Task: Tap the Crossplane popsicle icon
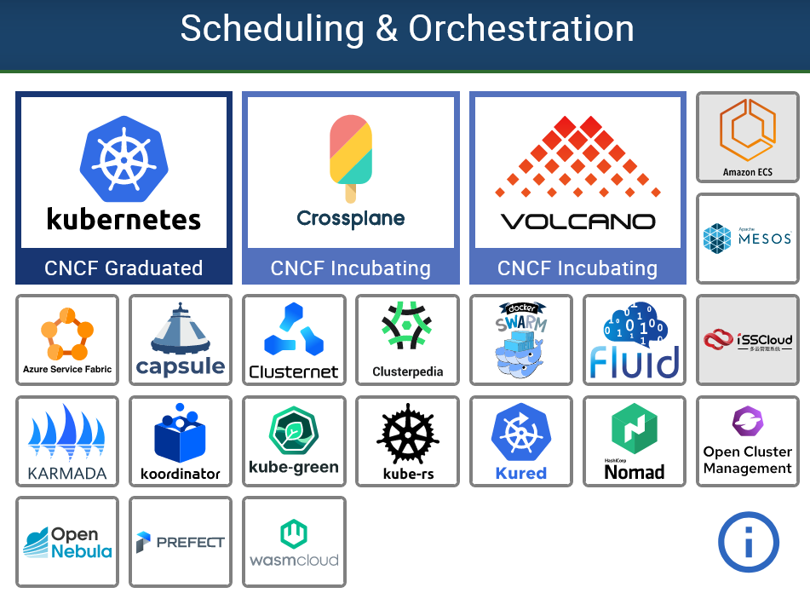click(x=351, y=157)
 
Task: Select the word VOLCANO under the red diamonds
click(x=577, y=222)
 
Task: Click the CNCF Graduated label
click(x=124, y=268)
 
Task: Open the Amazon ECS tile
click(x=747, y=137)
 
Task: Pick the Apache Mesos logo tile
click(x=747, y=239)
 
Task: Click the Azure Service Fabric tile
click(x=67, y=340)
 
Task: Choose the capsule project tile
click(x=181, y=340)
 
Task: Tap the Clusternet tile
click(x=294, y=340)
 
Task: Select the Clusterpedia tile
click(x=407, y=340)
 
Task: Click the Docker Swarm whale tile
click(x=520, y=340)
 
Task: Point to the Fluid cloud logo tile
click(x=635, y=340)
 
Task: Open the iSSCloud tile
click(x=747, y=340)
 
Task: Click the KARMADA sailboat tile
click(x=67, y=441)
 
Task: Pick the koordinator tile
click(x=181, y=441)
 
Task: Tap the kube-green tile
click(x=294, y=441)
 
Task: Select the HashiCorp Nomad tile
click(x=635, y=441)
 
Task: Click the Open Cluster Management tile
click(x=747, y=441)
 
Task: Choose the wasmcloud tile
click(x=294, y=542)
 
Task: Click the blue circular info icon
click(x=749, y=542)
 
